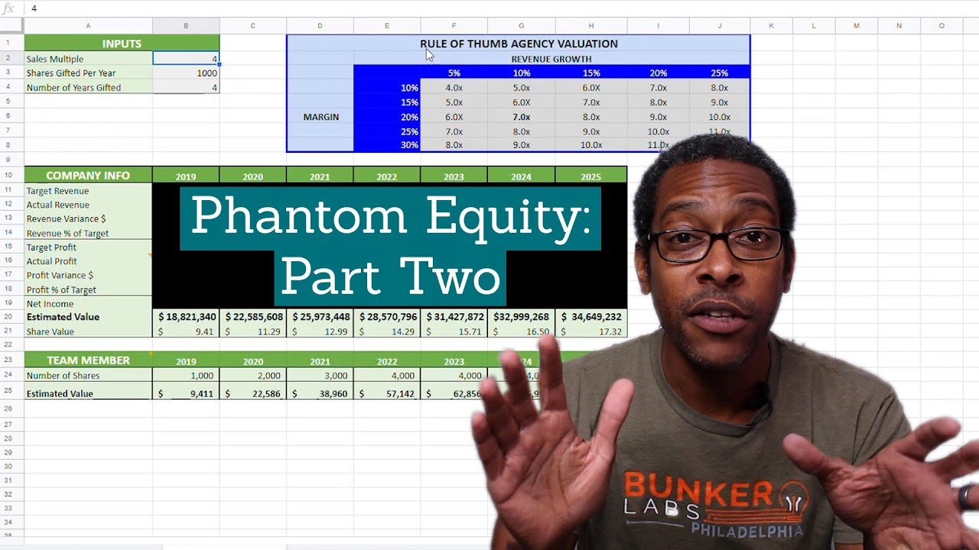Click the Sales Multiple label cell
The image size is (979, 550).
55,59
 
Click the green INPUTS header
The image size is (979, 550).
122,44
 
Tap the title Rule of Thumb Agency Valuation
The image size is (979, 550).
519,44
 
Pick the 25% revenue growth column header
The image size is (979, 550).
719,73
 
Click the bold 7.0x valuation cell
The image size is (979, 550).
521,117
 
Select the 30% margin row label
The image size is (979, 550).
409,145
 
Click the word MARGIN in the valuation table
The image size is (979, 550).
320,117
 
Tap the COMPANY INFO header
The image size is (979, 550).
88,176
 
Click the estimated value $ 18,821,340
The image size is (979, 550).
187,316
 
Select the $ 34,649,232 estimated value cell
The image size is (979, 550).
590,316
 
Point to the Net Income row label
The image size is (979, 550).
50,303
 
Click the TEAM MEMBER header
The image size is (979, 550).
88,360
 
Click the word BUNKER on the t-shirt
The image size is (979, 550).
689,488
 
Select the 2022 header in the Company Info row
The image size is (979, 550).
386,176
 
